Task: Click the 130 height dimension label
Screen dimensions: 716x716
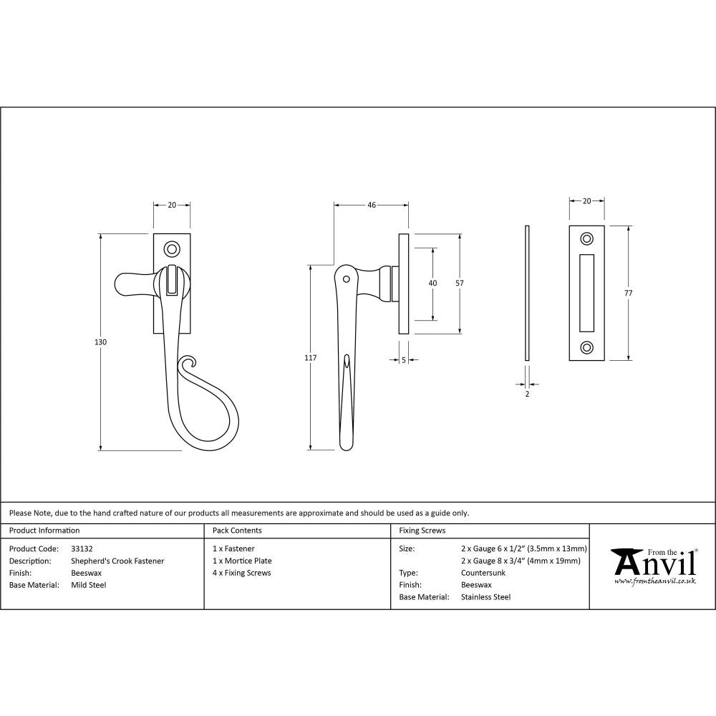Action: coord(101,342)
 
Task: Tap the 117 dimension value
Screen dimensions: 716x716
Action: coord(311,357)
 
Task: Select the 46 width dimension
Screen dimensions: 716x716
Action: coord(372,205)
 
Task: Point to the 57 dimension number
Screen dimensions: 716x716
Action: coord(460,283)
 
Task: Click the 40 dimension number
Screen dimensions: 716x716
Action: coord(432,283)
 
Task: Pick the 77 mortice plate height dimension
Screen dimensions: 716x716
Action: coord(629,292)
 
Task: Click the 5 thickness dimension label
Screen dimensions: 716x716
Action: coord(404,360)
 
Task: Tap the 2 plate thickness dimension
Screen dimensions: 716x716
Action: coord(527,394)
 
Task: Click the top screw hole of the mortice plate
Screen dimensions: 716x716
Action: coord(587,238)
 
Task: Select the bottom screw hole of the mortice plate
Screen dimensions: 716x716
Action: coord(587,347)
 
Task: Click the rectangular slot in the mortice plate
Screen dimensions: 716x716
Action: coord(587,293)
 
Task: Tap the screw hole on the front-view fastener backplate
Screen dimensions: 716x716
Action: coord(172,249)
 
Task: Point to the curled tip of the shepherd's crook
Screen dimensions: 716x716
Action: coord(188,364)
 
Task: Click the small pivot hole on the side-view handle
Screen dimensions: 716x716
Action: coord(347,279)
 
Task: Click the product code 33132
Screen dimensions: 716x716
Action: coord(82,548)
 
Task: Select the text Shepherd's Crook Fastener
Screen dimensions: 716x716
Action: coord(117,561)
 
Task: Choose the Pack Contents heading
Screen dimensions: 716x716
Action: coord(237,531)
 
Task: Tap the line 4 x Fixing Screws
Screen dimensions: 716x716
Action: coord(242,573)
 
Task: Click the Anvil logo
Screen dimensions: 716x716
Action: coord(653,566)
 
